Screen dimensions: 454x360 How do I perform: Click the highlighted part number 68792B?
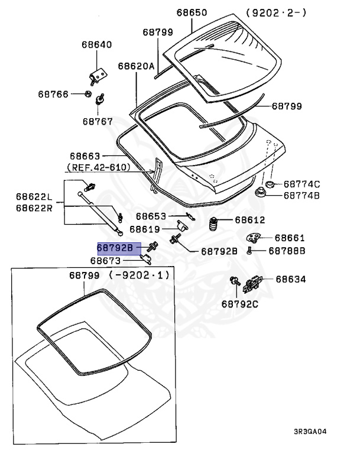coord(119,248)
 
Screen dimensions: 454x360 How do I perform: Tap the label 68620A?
coord(137,66)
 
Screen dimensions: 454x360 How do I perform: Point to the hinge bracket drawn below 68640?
coord(98,75)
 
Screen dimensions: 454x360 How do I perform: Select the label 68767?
coord(98,121)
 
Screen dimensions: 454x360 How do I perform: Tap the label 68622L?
coord(34,197)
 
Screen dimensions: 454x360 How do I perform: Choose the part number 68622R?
coord(34,207)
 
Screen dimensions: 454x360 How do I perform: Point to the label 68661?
coord(290,238)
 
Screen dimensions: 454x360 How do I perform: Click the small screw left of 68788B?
coord(251,251)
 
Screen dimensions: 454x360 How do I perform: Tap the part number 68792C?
coord(240,304)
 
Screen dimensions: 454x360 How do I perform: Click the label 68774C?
coord(301,184)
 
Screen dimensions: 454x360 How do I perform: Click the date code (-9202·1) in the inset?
coord(139,275)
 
